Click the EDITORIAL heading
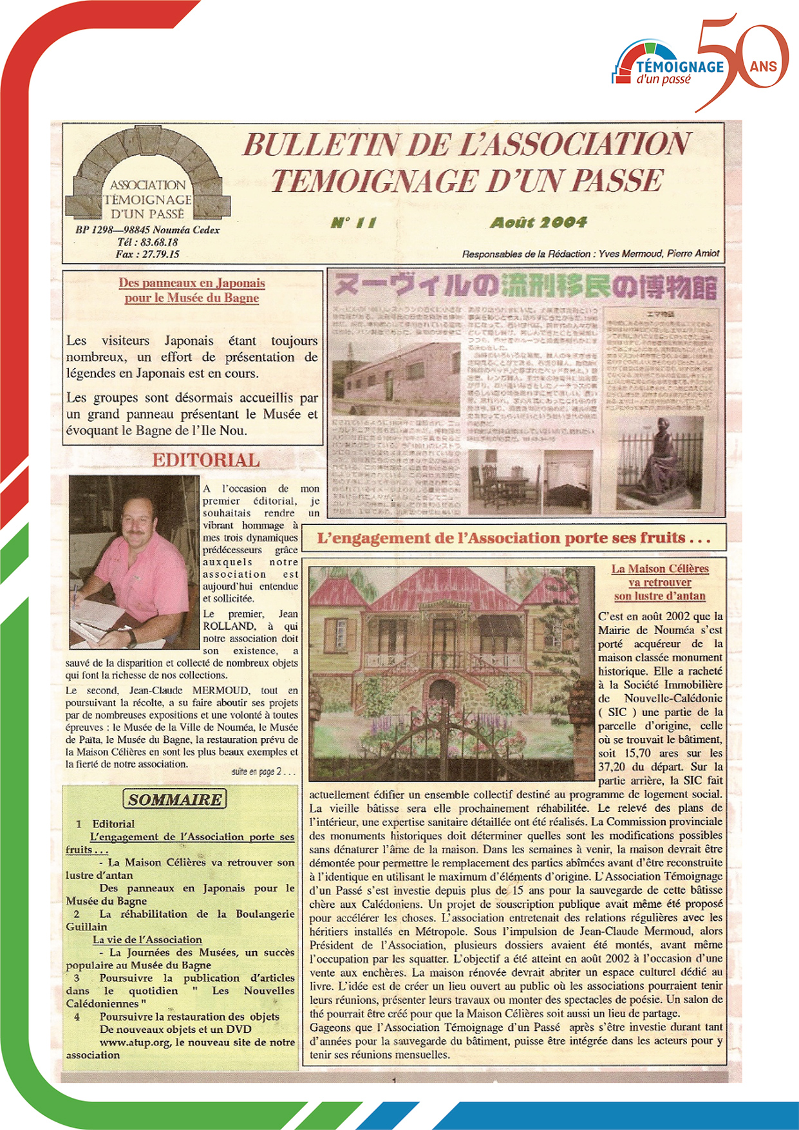click(206, 460)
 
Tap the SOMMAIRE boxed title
click(175, 800)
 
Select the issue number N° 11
click(353, 223)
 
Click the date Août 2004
click(538, 223)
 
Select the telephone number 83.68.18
click(159, 242)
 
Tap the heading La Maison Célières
click(660, 569)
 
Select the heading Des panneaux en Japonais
click(192, 283)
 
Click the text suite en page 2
click(263, 771)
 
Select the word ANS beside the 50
click(764, 66)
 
